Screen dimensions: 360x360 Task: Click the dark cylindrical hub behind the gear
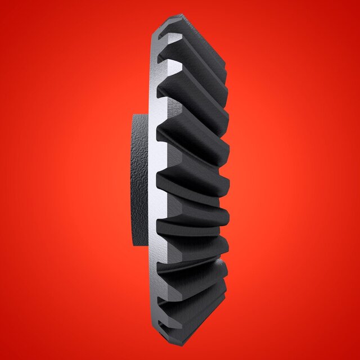click(139, 180)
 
